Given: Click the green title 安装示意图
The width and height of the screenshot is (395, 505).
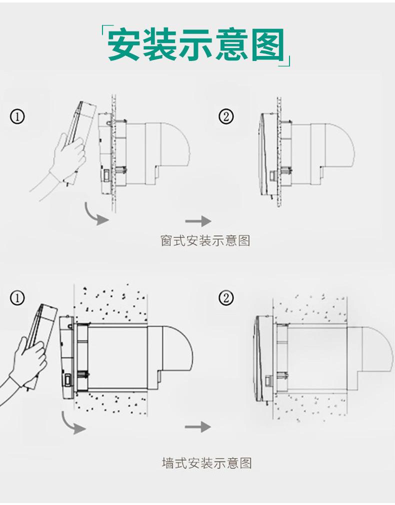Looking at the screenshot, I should (196, 45).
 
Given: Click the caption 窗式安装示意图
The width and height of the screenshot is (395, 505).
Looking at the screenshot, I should (205, 241).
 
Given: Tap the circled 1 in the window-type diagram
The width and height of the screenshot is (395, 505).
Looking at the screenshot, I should (17, 117).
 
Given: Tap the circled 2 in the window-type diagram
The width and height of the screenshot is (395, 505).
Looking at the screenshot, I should (226, 117).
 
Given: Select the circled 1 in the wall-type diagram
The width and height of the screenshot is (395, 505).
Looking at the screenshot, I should (17, 298).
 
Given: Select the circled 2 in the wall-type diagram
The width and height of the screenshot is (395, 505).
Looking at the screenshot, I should (226, 298).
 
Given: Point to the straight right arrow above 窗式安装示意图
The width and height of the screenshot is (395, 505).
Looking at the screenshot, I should (198, 221).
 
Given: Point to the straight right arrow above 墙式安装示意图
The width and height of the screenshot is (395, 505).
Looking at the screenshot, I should (198, 427).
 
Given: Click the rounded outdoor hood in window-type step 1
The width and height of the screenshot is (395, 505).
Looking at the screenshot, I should (172, 145).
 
